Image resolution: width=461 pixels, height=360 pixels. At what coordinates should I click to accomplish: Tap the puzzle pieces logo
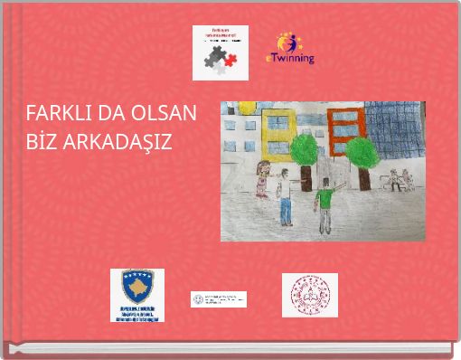click(x=221, y=52)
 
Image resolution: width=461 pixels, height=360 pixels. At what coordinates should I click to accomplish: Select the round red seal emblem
click(x=309, y=295)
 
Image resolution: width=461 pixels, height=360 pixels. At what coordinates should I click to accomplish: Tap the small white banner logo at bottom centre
click(x=218, y=299)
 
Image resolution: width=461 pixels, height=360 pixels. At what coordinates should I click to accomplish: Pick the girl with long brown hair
click(x=263, y=176)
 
